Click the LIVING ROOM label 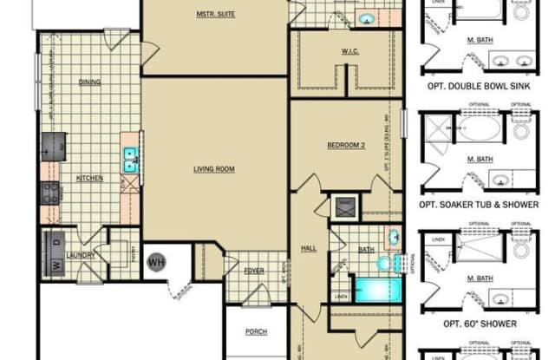point(215,169)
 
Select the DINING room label point(90,82)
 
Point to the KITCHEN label point(89,178)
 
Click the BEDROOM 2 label point(345,144)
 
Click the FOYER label point(253,271)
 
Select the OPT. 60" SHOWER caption point(480,324)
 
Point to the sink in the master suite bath point(366,18)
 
